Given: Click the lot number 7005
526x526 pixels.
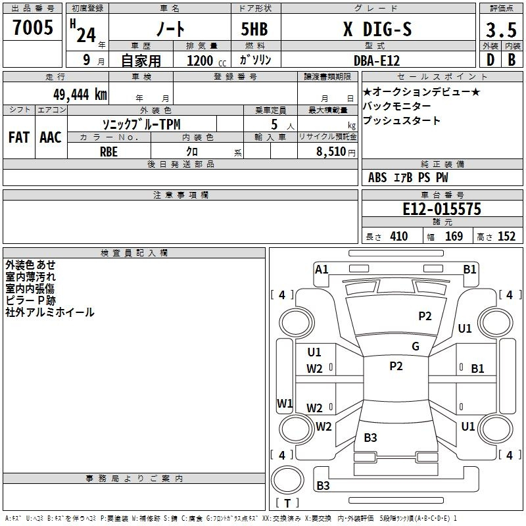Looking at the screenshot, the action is tap(33, 28).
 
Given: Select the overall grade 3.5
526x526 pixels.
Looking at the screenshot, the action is tap(501, 30).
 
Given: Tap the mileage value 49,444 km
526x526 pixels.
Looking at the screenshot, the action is tap(80, 95).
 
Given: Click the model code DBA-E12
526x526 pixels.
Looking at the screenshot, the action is tap(377, 60).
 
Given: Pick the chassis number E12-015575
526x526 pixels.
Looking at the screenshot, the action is tap(442, 209).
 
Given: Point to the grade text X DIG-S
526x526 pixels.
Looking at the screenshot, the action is tap(377, 29).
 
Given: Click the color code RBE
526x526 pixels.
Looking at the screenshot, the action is tap(108, 152).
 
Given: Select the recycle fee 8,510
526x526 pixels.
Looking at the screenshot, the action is tap(331, 152).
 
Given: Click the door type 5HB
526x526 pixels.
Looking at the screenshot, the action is tap(254, 29).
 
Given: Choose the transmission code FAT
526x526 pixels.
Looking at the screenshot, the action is tap(19, 137).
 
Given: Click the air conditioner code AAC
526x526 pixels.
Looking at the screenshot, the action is tap(51, 137).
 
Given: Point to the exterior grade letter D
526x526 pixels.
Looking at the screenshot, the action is tap(490, 60).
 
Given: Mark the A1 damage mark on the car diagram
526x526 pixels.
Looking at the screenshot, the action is tap(322, 270).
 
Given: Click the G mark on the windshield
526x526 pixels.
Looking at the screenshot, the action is tap(416, 347).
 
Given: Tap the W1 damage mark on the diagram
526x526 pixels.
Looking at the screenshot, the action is tap(285, 403).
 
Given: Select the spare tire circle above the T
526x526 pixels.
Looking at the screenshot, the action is tap(287, 480).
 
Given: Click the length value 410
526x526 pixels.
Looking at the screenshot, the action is tap(399, 237).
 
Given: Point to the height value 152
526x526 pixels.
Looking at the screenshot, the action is tap(506, 237).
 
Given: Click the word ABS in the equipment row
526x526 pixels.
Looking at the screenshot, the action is tap(377, 178).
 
